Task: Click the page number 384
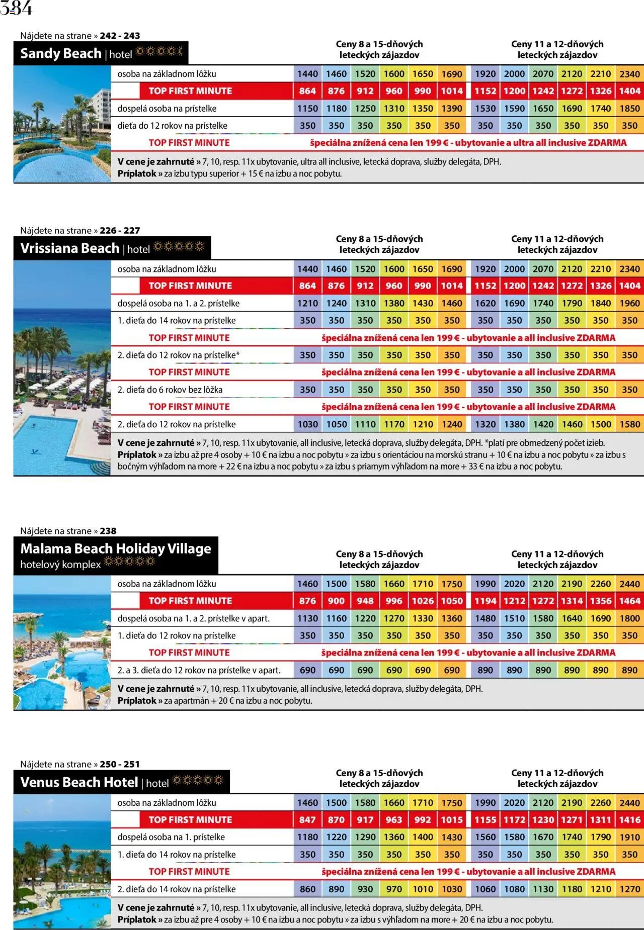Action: [x=16, y=9]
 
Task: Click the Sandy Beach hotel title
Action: [x=61, y=53]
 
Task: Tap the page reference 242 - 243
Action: [x=120, y=36]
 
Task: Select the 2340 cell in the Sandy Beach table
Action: [x=629, y=74]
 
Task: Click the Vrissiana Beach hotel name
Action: [x=69, y=248]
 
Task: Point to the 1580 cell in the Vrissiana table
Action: [x=629, y=424]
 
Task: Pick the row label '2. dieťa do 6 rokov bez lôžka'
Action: [x=170, y=390]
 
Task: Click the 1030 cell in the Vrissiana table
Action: [x=307, y=424]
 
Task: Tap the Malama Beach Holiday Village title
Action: [x=116, y=548]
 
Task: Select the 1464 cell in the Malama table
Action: [x=629, y=601]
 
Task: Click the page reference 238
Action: [x=108, y=531]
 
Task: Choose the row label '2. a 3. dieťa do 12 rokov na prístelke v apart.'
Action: [x=199, y=670]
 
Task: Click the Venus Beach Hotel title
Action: [x=79, y=782]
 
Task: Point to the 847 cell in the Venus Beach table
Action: [x=307, y=820]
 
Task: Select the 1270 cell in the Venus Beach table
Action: [x=629, y=889]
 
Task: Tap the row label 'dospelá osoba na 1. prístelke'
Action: [x=171, y=837]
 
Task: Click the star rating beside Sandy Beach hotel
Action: [x=159, y=52]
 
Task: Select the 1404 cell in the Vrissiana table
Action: [x=629, y=286]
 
